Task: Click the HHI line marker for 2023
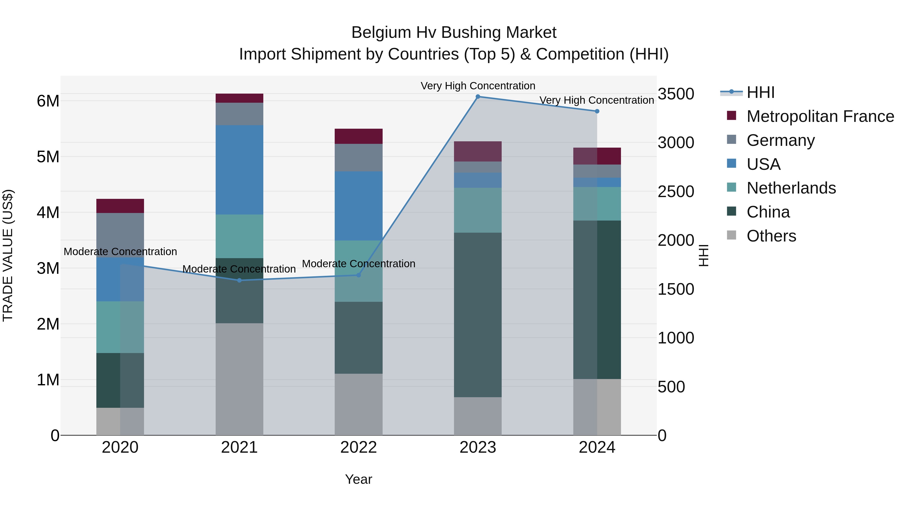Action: pyautogui.click(x=478, y=97)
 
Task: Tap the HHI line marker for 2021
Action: pyautogui.click(x=239, y=280)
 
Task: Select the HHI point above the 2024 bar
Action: pyautogui.click(x=597, y=112)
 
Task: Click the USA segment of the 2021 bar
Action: pyautogui.click(x=239, y=170)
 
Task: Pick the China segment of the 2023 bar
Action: pyautogui.click(x=478, y=315)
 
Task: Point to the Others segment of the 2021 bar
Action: pyautogui.click(x=239, y=379)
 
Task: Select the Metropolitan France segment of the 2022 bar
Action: pyautogui.click(x=358, y=136)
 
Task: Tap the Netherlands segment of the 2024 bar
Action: pyautogui.click(x=597, y=204)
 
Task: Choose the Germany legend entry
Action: pyautogui.click(x=780, y=140)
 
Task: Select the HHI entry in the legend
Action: pyautogui.click(x=760, y=92)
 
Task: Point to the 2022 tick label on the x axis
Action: pyautogui.click(x=358, y=447)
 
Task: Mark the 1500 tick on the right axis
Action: pyautogui.click(x=676, y=289)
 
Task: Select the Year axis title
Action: pyautogui.click(x=358, y=479)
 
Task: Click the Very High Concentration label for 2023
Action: pyautogui.click(x=478, y=86)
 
